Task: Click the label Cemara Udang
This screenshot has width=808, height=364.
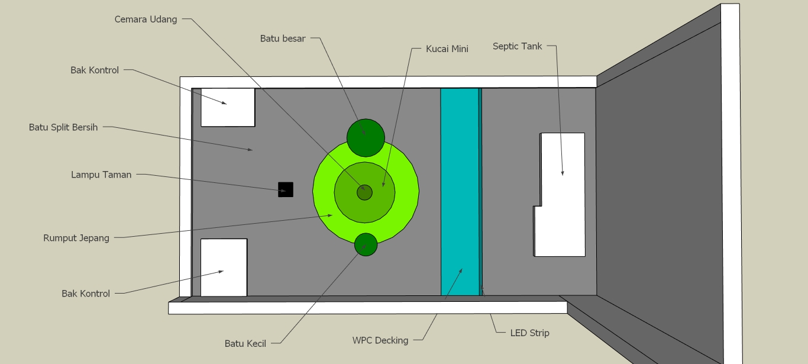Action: tap(146, 20)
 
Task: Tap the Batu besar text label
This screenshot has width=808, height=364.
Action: tap(283, 38)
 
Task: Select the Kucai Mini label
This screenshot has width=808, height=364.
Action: tap(447, 49)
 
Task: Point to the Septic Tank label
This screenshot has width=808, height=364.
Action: tap(517, 46)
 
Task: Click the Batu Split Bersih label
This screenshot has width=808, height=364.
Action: tap(63, 127)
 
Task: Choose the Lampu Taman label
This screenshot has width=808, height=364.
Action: tap(101, 175)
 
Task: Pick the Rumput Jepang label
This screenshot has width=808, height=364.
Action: tap(76, 238)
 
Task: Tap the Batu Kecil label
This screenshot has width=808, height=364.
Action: tap(245, 343)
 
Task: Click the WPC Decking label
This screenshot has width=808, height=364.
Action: tap(380, 340)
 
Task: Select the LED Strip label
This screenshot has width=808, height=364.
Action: tap(530, 333)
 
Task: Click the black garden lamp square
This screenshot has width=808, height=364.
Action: tap(286, 189)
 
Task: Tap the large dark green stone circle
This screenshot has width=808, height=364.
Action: tap(366, 137)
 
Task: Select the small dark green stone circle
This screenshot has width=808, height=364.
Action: tap(366, 244)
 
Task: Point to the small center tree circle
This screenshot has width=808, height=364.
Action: tap(364, 192)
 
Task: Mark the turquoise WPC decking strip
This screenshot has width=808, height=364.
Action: tap(460, 192)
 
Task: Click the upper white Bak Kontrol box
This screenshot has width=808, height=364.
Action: tap(228, 107)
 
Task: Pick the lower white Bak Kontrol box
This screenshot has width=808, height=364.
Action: tap(224, 268)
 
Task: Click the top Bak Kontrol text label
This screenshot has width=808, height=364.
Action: tap(95, 70)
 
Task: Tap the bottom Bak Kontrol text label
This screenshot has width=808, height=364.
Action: tap(86, 294)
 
